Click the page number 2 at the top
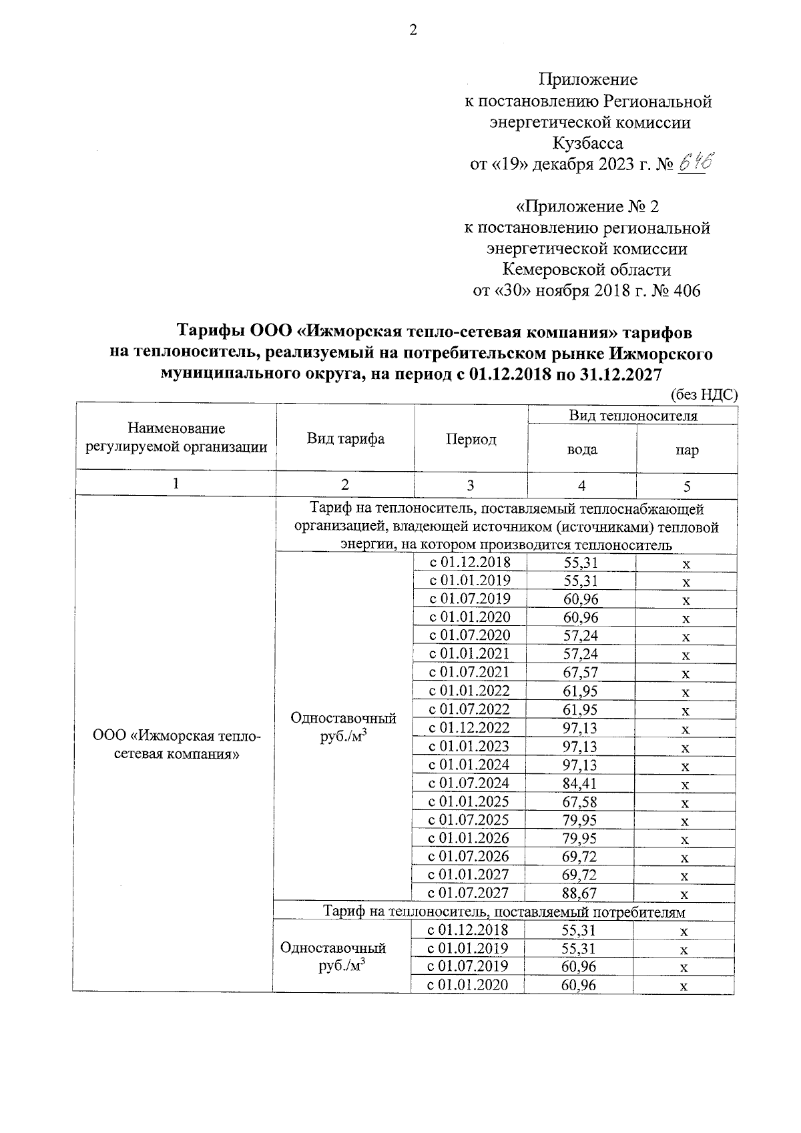413,30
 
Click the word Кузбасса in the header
588,143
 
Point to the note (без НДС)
704,394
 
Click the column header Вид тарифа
345,439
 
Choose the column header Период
471,440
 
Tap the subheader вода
581,450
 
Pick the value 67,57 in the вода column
581,673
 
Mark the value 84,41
581,783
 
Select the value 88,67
581,893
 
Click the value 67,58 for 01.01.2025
581,801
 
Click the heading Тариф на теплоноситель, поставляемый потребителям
504,911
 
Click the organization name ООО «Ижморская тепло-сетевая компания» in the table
176,745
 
